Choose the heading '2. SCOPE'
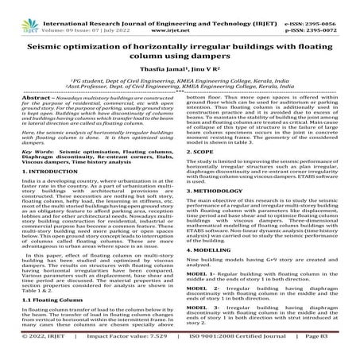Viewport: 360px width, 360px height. click(202, 172)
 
